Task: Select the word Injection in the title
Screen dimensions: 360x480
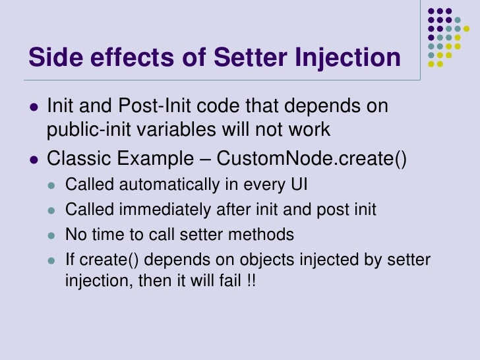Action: (x=349, y=58)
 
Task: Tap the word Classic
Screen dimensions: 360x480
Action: (x=75, y=159)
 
